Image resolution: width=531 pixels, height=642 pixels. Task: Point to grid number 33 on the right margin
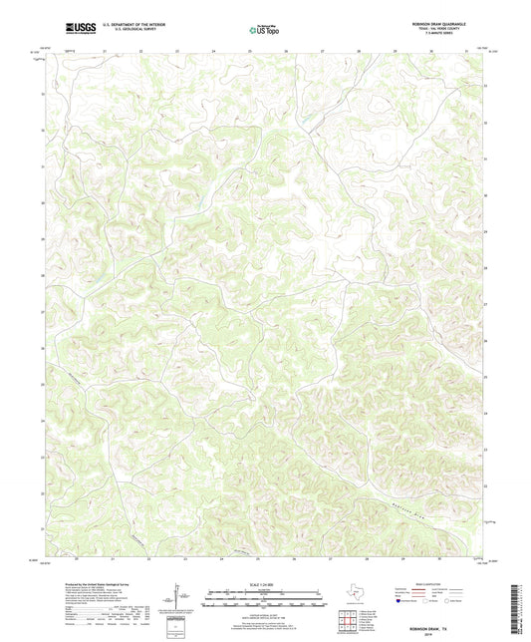(485, 86)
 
